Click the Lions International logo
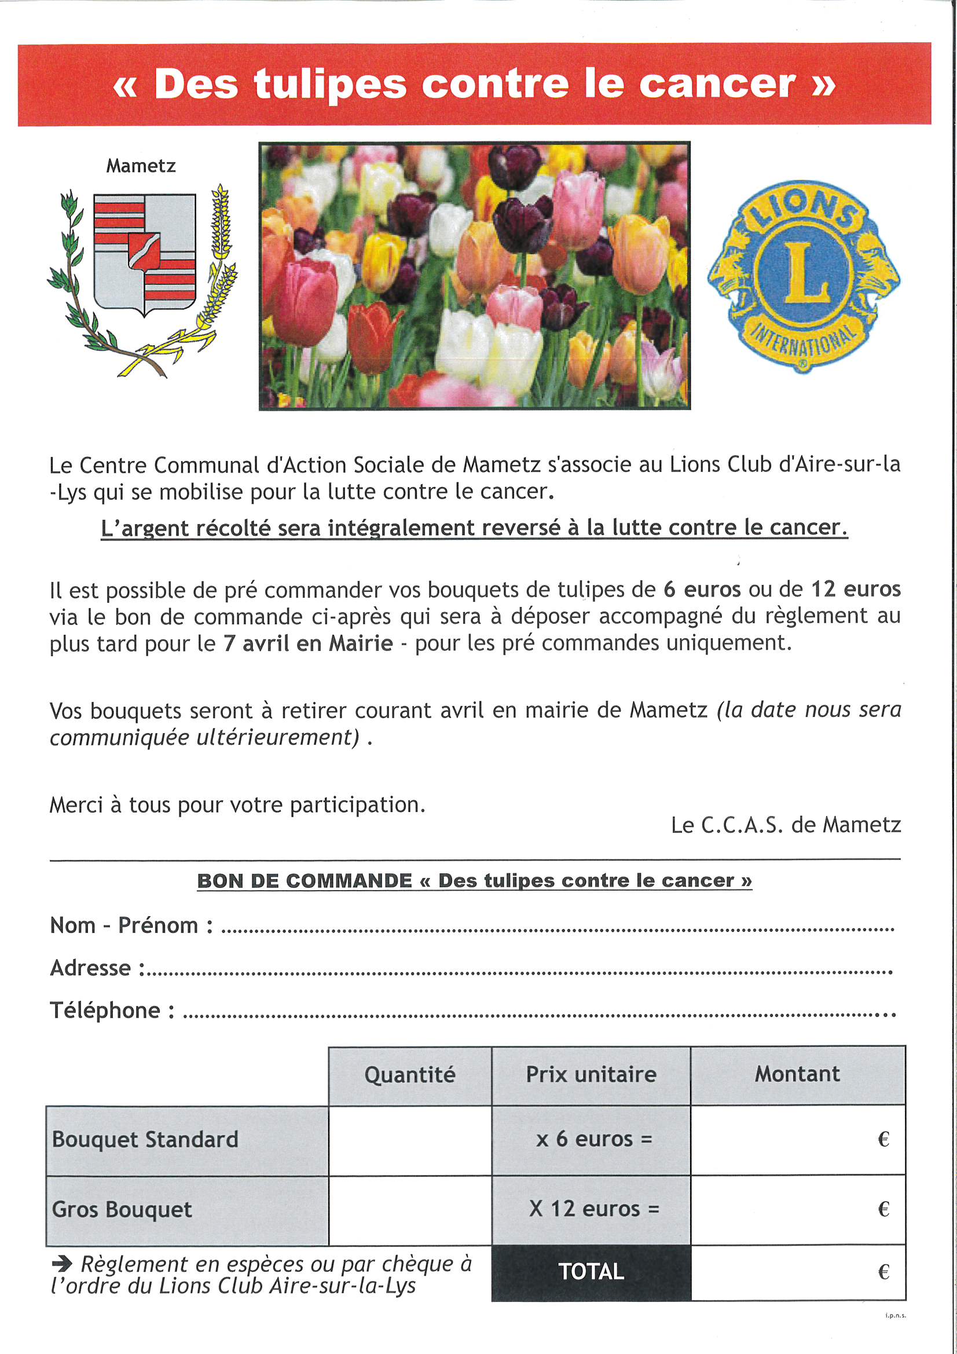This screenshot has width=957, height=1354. pos(803,276)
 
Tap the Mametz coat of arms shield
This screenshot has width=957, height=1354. pos(145,254)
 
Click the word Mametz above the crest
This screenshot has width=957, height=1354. pos(141,166)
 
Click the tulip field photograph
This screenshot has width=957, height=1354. pos(474,276)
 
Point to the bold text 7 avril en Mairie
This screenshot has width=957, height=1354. pos(308,643)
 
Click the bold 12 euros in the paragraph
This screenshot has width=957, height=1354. pos(856,589)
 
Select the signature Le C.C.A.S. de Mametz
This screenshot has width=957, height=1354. pos(786,825)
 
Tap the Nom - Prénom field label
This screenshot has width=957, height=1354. pos(131,925)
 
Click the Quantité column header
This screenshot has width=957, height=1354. pos(410,1074)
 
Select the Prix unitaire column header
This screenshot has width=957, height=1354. pos(591,1074)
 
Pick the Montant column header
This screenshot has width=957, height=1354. pos(797,1074)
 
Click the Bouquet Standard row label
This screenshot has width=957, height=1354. pos(145,1139)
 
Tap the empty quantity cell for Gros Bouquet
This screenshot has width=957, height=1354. pos(410,1209)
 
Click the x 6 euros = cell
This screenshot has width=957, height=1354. pos(591,1139)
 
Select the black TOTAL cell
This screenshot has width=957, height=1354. pos(591,1271)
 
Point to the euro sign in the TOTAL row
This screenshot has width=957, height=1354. pos(883,1272)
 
